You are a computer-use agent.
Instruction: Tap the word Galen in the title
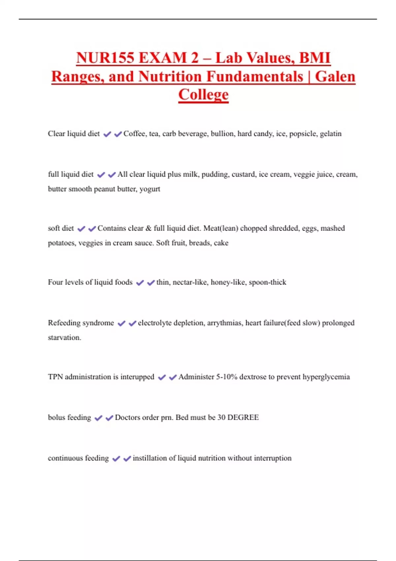[335, 77]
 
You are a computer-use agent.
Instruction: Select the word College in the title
[203, 95]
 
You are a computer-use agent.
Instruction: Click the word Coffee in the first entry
[134, 134]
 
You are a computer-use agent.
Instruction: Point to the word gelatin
[331, 134]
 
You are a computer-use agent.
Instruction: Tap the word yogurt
[150, 189]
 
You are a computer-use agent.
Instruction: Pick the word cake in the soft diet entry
[221, 243]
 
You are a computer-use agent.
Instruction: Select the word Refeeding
[63, 323]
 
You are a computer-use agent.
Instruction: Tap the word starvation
[64, 338]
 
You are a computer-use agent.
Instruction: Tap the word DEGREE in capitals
[243, 417]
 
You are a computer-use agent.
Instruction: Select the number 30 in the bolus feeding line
[221, 417]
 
